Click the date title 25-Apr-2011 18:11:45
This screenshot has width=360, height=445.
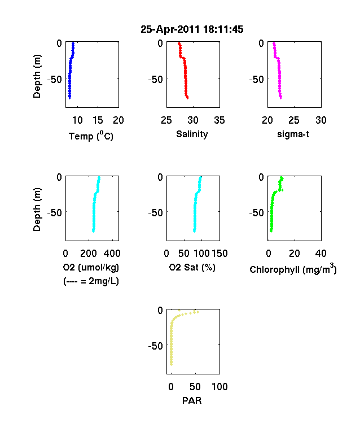tap(192, 29)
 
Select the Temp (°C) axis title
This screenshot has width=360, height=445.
tap(91, 136)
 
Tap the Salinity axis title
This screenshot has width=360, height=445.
tap(192, 134)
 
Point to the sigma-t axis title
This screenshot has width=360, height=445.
tap(293, 134)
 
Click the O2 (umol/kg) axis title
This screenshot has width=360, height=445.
tap(91, 267)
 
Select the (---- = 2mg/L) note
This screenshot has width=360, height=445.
tap(91, 281)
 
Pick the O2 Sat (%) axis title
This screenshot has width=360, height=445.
tap(192, 267)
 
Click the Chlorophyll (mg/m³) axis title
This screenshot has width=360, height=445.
tap(293, 269)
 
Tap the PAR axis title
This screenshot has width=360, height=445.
tap(192, 400)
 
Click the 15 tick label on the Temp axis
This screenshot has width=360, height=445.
tap(98, 120)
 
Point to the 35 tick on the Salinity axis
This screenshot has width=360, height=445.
tap(219, 120)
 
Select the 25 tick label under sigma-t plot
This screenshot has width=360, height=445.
tap(294, 120)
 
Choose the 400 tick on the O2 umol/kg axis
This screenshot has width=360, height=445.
tap(112, 253)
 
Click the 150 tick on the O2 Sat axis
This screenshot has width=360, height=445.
tap(219, 253)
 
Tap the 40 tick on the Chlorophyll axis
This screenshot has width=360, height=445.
tap(321, 253)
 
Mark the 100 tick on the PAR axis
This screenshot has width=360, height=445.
tap(219, 386)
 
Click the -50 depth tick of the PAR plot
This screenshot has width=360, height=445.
tap(155, 346)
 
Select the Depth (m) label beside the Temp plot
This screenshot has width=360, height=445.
tap(37, 76)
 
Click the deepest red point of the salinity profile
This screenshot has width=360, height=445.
tap(187, 98)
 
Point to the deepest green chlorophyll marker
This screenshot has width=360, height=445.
tap(271, 231)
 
